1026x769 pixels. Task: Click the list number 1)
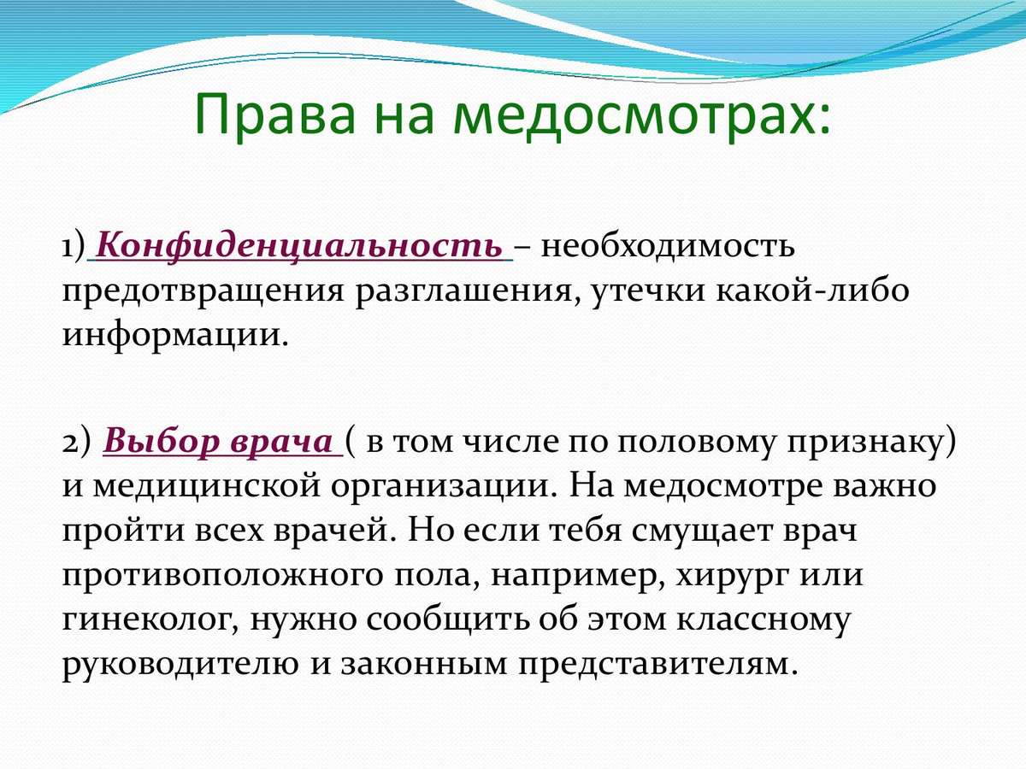(x=74, y=246)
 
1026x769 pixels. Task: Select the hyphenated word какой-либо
(x=812, y=290)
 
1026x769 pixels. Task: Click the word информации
(x=175, y=336)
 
